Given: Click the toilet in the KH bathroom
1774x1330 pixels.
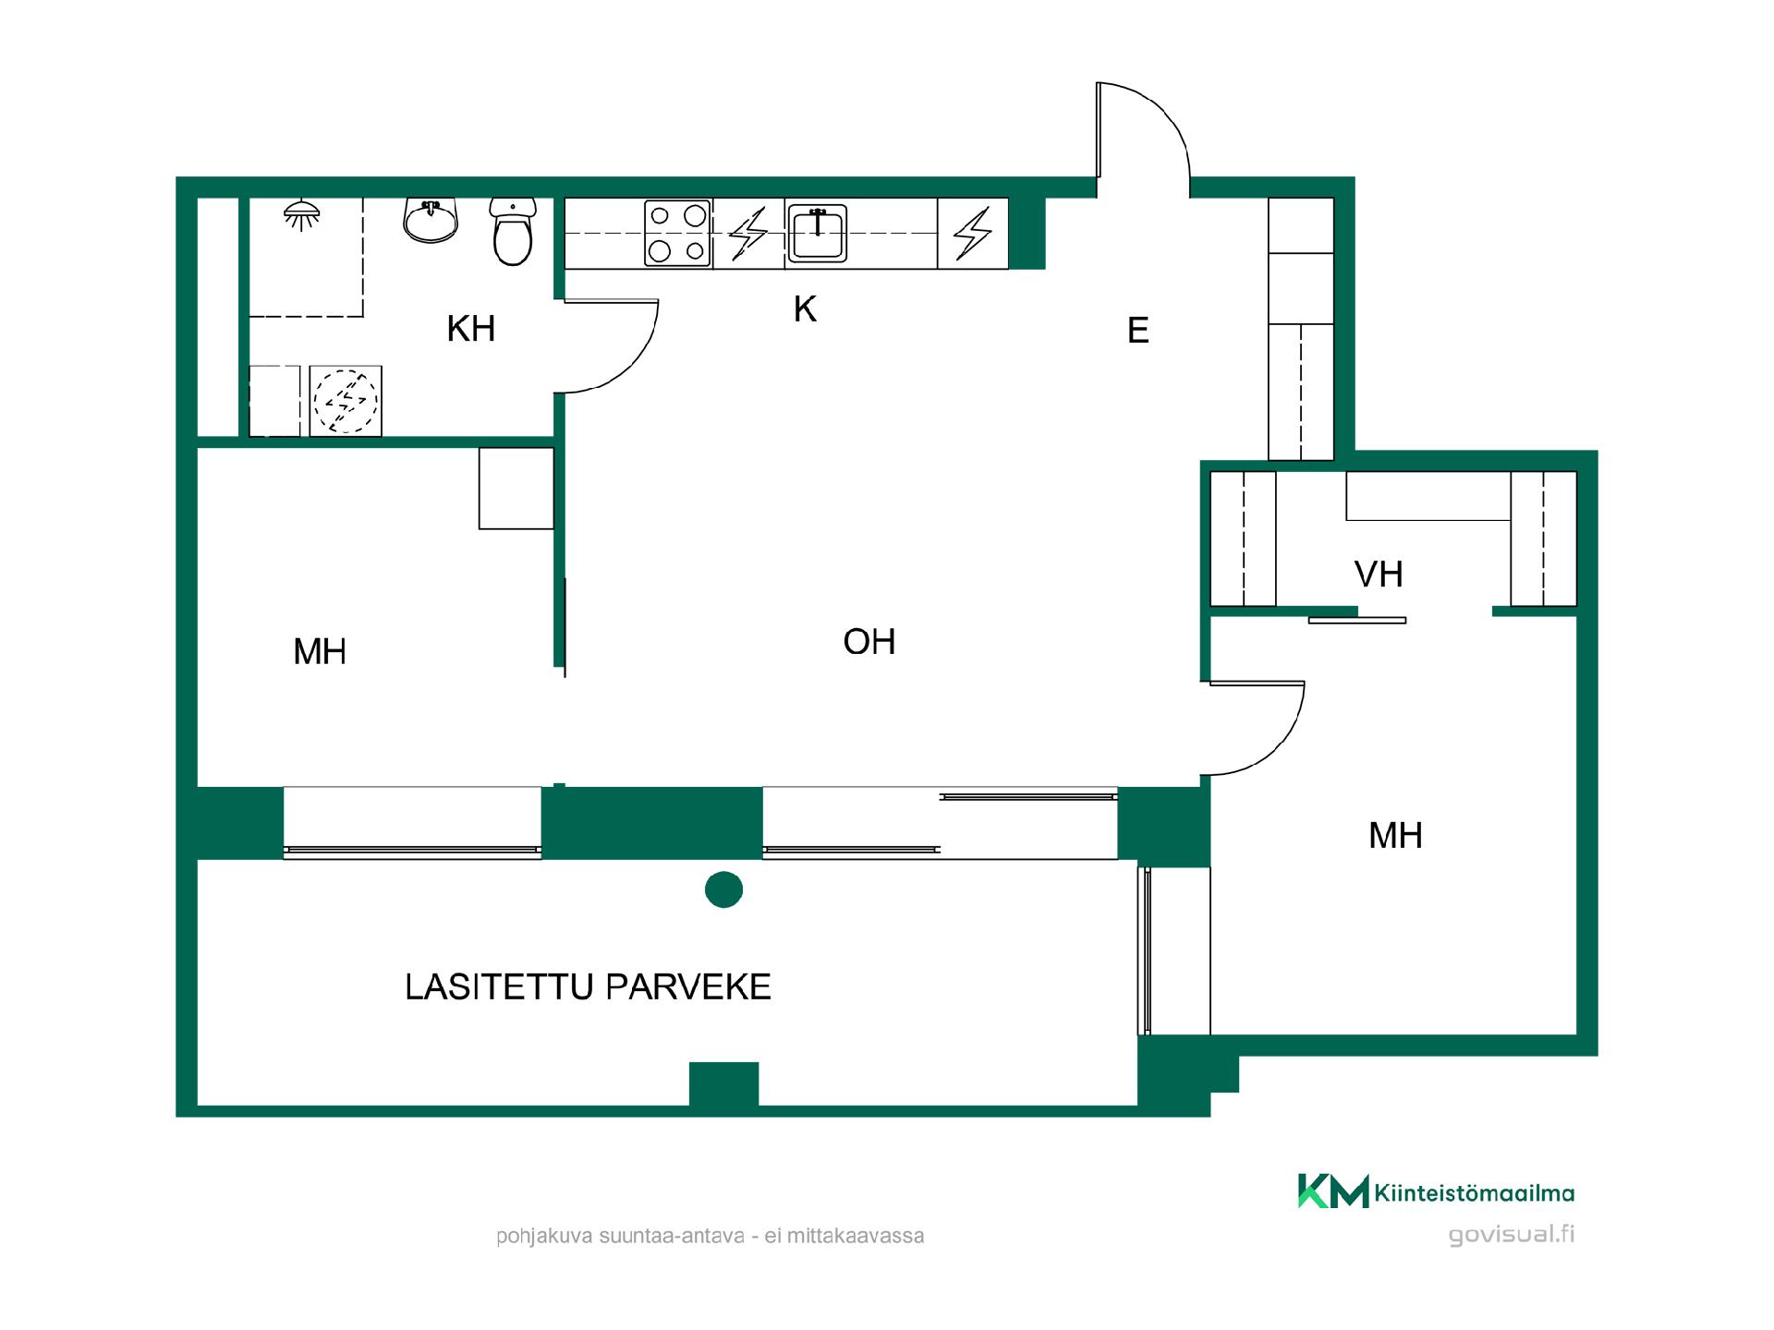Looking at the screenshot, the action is (513, 231).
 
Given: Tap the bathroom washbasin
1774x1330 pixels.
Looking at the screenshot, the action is (431, 220).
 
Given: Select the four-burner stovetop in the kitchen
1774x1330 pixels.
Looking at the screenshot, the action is (677, 233).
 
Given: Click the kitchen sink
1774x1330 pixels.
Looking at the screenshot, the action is (817, 234).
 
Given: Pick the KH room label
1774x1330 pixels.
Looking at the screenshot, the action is (471, 329).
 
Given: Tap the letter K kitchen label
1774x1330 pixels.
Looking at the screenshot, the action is (805, 309).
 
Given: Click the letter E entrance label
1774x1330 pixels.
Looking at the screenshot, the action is (1138, 331).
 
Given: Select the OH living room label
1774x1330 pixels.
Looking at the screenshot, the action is (869, 642).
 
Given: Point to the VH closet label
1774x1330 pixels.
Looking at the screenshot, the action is (1379, 574).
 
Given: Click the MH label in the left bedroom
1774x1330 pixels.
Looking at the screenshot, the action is (320, 652).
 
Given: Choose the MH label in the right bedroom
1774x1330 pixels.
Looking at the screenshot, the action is (1395, 836).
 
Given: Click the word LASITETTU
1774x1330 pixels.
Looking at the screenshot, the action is (499, 987).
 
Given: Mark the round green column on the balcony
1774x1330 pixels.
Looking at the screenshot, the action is (723, 889).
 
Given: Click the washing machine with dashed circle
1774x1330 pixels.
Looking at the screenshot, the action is (346, 402).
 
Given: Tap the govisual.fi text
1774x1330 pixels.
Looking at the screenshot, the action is (1512, 1234).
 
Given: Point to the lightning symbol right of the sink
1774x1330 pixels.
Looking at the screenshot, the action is (972, 233).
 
